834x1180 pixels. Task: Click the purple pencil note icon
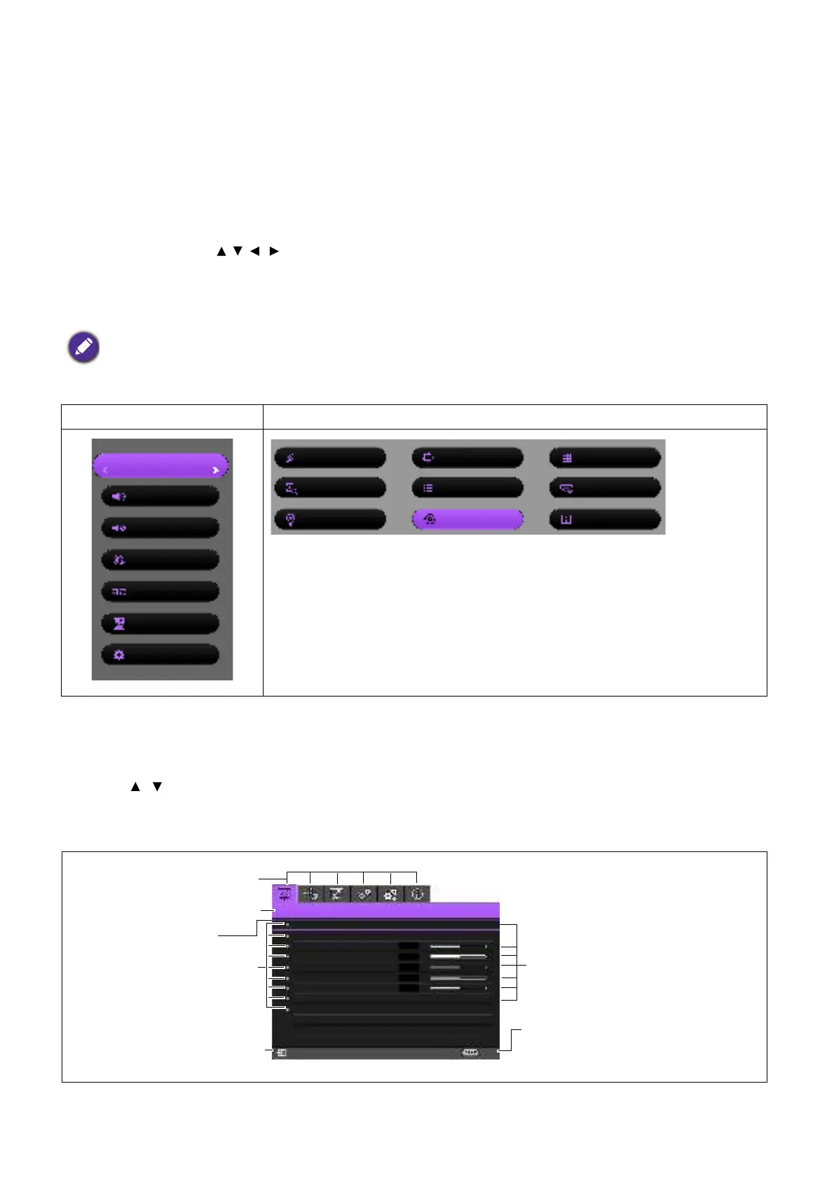click(83, 348)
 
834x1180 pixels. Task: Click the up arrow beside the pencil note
click(221, 251)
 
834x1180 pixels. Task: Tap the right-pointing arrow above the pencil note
click(274, 251)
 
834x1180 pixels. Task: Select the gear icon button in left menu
click(160, 655)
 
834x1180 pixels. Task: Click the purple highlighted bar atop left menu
click(160, 466)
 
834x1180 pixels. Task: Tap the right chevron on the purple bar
click(216, 470)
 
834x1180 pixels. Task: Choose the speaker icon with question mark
click(119, 497)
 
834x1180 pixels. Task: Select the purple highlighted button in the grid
click(467, 519)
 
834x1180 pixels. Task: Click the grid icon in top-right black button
click(567, 458)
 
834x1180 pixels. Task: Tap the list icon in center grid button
click(428, 488)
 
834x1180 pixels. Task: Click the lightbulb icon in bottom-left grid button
click(290, 519)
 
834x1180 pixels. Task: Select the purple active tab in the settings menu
click(284, 894)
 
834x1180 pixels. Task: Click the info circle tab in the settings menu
click(418, 894)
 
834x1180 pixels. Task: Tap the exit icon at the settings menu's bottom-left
click(281, 1052)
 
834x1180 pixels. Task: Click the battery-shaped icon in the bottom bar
click(470, 1052)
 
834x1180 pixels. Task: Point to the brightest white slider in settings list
click(458, 956)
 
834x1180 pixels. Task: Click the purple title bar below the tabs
click(385, 911)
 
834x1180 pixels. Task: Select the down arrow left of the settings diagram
click(157, 787)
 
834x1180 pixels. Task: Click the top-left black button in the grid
click(329, 458)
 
